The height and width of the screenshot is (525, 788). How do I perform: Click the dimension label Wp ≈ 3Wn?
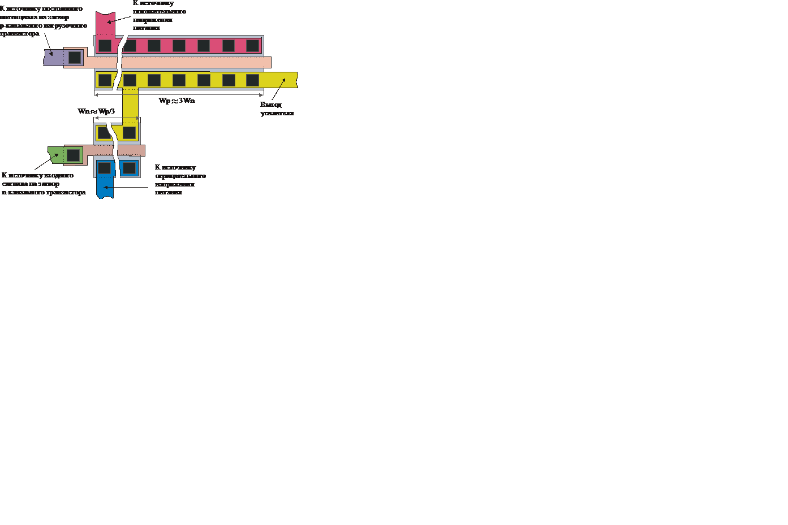pos(176,101)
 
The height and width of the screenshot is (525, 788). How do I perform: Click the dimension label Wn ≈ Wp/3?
pos(96,111)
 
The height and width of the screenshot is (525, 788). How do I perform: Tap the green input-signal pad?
pos(56,154)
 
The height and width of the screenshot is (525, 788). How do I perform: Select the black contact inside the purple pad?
pos(75,57)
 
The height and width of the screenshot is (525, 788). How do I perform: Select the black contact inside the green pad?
pos(74,155)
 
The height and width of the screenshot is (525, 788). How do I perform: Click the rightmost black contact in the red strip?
pos(253,46)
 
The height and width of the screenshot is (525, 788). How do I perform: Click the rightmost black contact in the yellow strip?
pos(253,80)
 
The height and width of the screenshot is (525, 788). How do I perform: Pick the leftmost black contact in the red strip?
pos(105,46)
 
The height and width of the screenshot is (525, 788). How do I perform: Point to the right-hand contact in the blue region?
pos(130,168)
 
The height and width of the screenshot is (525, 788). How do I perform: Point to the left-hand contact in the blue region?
pos(105,168)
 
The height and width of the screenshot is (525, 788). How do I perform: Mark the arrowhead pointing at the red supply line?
pos(109,22)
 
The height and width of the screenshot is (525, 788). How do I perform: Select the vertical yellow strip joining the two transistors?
pos(130,105)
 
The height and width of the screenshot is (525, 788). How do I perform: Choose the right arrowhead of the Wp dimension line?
pos(261,94)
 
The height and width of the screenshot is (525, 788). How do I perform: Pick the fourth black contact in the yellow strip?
pos(179,80)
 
